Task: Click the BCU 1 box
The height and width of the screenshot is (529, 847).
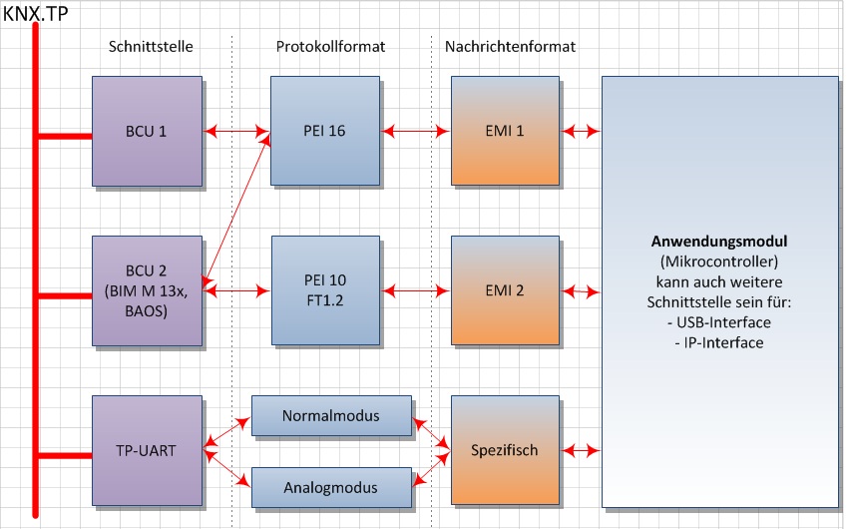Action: (146, 131)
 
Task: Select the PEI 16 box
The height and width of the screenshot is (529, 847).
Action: (325, 131)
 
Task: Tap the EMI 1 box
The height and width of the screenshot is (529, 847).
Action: (504, 131)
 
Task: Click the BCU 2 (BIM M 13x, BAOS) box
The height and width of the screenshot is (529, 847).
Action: (146, 290)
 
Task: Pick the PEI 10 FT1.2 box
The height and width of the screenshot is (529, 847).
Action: (325, 290)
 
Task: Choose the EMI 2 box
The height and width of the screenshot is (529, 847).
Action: (504, 290)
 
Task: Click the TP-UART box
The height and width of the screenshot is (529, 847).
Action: (146, 450)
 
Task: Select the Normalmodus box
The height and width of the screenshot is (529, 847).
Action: (330, 415)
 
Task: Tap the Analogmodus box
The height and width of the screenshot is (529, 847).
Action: (330, 488)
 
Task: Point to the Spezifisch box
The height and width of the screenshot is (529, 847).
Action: (504, 450)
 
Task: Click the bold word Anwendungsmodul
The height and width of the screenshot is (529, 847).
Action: (719, 242)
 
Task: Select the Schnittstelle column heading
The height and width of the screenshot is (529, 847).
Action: (150, 47)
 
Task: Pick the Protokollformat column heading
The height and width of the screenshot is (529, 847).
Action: (330, 47)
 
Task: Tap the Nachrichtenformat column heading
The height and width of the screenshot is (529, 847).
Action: (511, 47)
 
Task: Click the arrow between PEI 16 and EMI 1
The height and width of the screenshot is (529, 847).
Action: (415, 131)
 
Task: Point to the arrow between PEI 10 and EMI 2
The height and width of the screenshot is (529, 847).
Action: (415, 290)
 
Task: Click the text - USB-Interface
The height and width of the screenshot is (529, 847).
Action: (719, 324)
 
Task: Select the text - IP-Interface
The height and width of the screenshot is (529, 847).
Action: (719, 342)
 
